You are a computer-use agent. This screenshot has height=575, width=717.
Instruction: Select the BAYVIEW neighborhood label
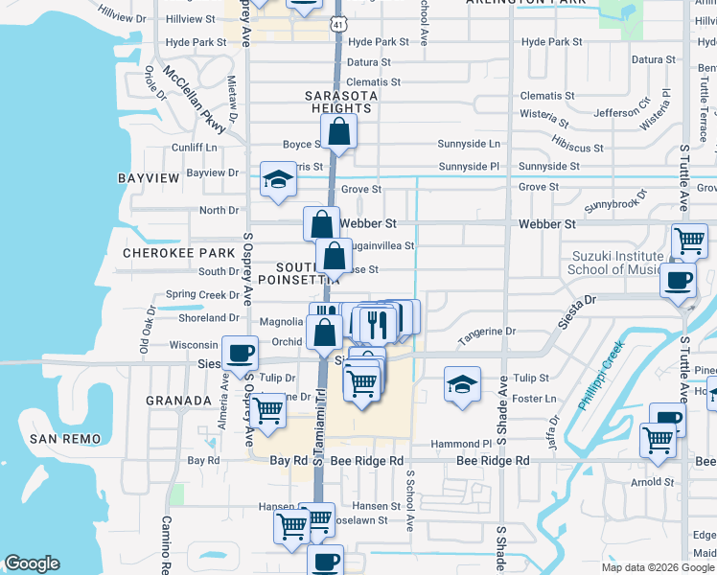tap(149, 179)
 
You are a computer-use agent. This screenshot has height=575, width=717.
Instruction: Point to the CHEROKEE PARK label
tap(179, 253)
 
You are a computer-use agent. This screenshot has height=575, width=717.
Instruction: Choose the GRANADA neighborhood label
tap(178, 401)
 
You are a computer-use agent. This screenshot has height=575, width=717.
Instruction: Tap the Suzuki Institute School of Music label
tap(616, 263)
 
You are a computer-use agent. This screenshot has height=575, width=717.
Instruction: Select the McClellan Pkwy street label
tap(194, 101)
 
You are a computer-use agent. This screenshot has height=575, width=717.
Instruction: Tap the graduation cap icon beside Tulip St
tap(462, 384)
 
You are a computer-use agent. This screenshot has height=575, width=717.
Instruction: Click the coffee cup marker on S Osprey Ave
tap(241, 353)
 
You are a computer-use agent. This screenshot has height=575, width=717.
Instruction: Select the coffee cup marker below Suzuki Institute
tap(679, 280)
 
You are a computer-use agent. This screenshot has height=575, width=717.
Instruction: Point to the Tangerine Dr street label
tap(486, 332)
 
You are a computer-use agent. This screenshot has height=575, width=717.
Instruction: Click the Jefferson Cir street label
tap(622, 113)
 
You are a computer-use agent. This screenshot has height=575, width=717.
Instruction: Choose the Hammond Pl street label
tap(461, 445)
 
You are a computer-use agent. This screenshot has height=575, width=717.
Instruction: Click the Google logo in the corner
tap(32, 563)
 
